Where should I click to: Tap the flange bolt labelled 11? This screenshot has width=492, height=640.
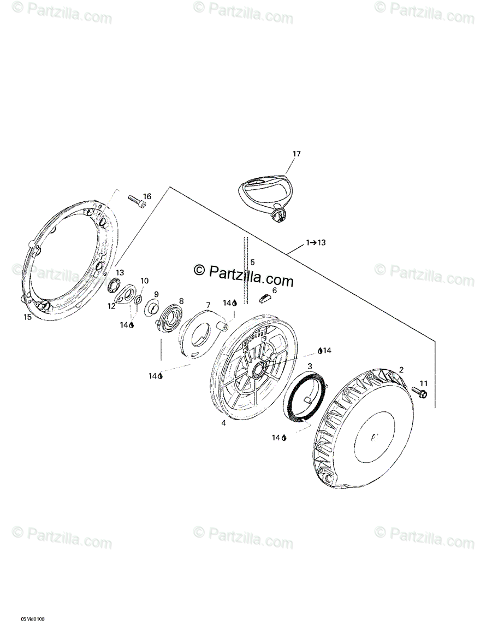pos(420,392)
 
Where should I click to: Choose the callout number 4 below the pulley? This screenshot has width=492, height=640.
pos(223,423)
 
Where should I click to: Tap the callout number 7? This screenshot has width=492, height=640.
pos(208,305)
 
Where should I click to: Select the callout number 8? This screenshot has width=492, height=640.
pos(181,300)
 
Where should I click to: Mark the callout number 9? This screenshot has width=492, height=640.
pos(156,294)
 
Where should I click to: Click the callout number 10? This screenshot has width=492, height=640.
pos(145,281)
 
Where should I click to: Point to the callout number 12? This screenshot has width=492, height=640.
pos(112,306)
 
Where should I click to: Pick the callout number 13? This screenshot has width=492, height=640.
pos(120,272)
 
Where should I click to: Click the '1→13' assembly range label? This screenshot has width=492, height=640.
pos(316,242)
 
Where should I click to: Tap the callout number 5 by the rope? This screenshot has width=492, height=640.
pos(252,262)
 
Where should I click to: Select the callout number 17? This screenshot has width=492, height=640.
pos(297,154)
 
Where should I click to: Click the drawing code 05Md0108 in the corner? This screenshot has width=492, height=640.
pos(33,619)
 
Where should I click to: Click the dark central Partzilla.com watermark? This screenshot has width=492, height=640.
pos(244,275)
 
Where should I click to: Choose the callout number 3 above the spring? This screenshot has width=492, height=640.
pos(310,366)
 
